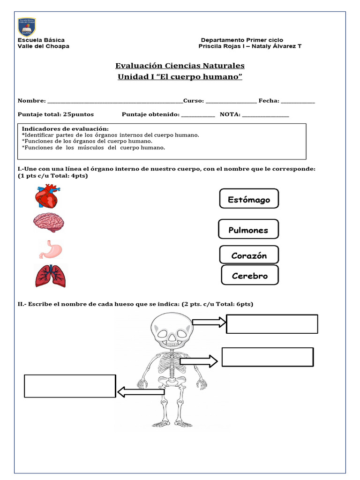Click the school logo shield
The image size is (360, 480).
[27, 27]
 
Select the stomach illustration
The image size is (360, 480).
[50, 250]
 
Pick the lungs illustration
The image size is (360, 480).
[51, 276]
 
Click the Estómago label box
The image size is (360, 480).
[249, 199]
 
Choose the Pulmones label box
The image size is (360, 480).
[248, 229]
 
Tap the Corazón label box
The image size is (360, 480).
[249, 255]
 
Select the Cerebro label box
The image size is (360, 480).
[249, 275]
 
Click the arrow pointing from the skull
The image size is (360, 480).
[209, 322]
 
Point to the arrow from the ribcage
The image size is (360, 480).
[199, 361]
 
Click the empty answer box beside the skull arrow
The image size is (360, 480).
[272, 324]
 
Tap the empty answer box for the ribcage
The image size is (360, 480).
[267, 357]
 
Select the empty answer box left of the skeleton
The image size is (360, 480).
[70, 386]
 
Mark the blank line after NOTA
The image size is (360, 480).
[265, 115]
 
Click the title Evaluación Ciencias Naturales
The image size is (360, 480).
[180, 66]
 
